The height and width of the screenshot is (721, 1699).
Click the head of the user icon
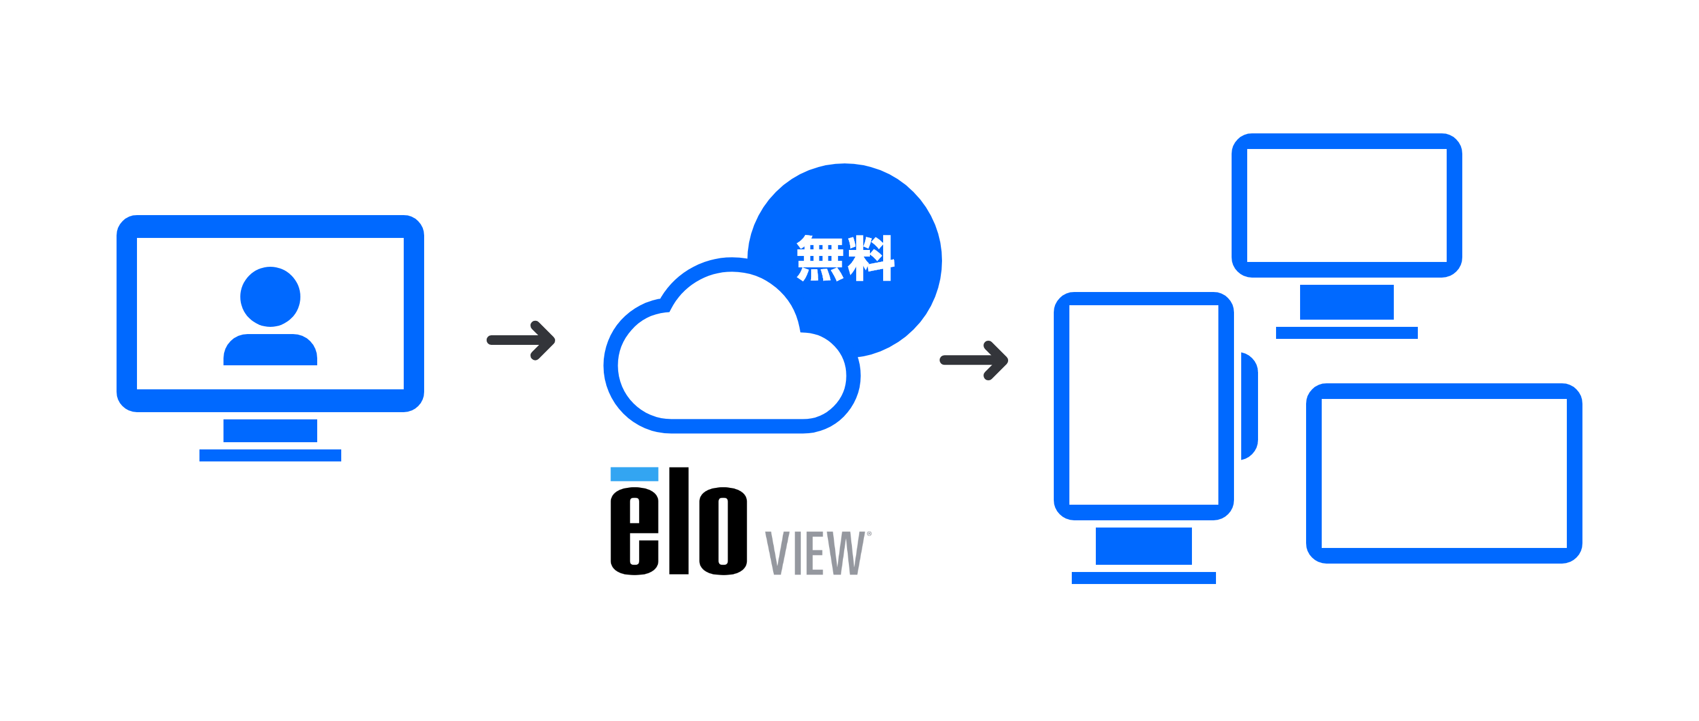[x=270, y=296]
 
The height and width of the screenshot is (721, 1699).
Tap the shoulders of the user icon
[x=270, y=350]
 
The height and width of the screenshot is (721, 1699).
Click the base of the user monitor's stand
[x=270, y=455]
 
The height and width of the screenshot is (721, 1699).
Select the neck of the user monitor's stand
[x=270, y=430]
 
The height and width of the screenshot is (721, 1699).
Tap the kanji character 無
[x=820, y=258]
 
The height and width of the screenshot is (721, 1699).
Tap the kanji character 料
[x=871, y=258]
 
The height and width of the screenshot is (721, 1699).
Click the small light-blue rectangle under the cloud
[x=634, y=474]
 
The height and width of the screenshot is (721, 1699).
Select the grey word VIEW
[x=815, y=553]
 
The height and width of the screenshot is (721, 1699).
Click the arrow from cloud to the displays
[x=974, y=360]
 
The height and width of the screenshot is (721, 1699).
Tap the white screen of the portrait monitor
[x=1143, y=404]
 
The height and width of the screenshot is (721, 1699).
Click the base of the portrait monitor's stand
[x=1143, y=578]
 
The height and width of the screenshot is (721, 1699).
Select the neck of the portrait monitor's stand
[x=1143, y=546]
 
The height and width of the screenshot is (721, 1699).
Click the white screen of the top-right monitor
[x=1346, y=205]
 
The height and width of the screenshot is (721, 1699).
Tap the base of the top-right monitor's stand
[x=1346, y=333]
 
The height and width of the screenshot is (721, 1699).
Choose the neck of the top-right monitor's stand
[x=1346, y=302]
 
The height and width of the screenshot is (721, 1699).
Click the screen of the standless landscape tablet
[x=1444, y=473]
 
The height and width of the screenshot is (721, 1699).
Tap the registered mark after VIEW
[x=869, y=534]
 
